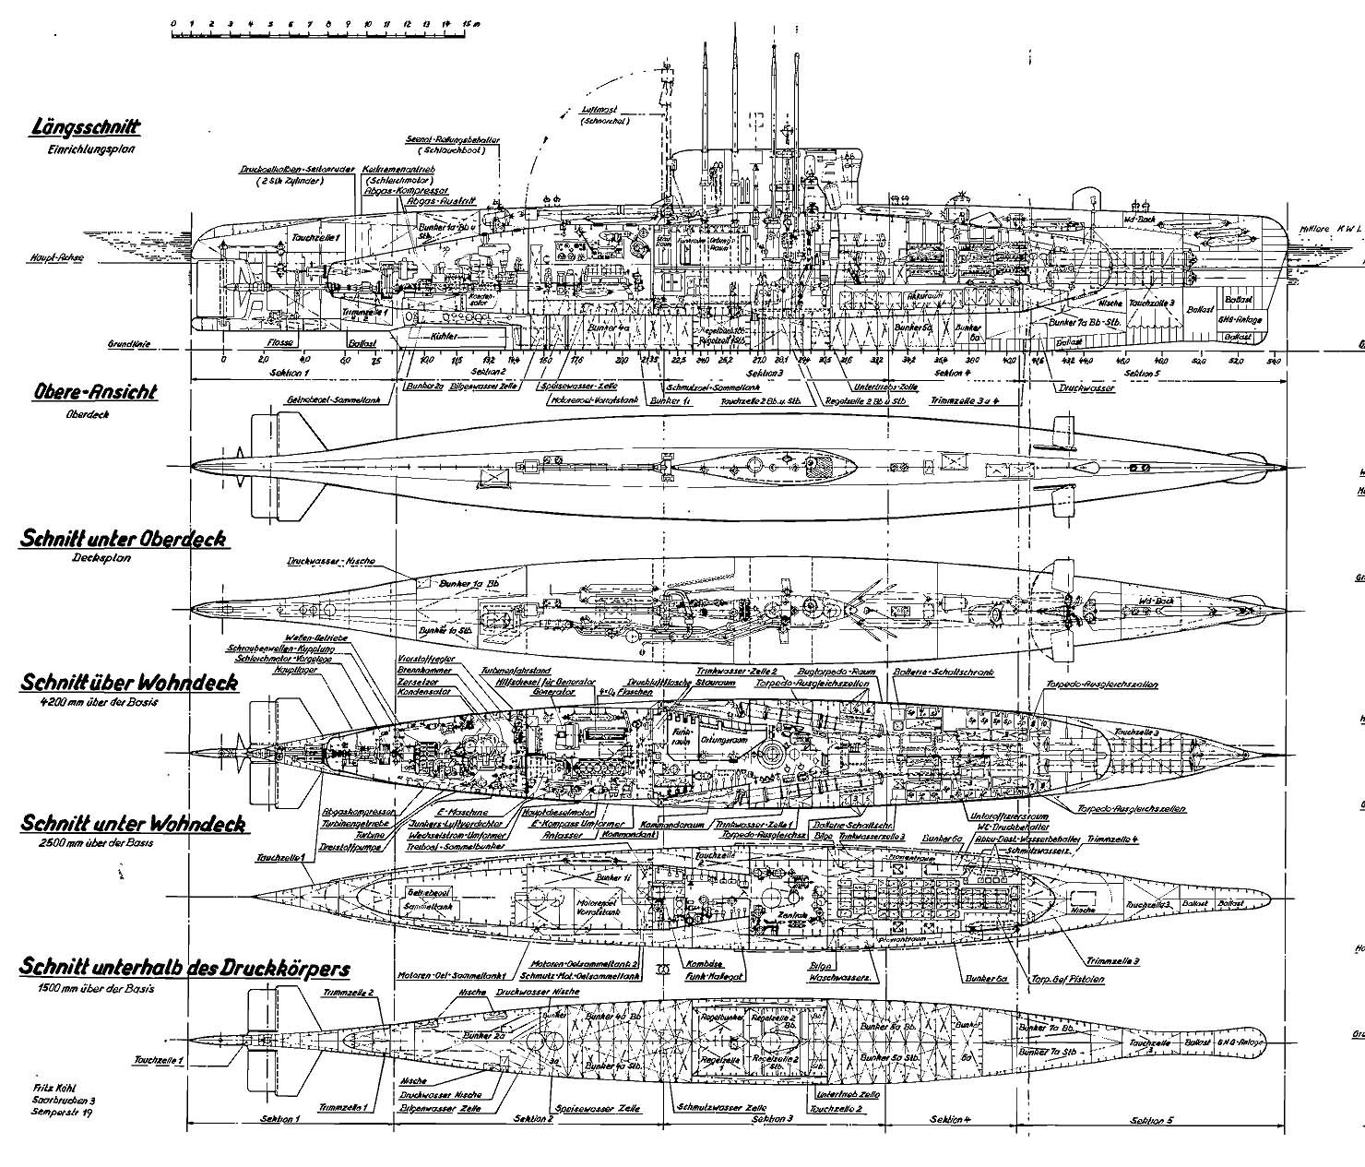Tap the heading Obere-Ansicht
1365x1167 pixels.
pyautogui.click(x=94, y=392)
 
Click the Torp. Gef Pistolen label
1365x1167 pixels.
pyautogui.click(x=1070, y=979)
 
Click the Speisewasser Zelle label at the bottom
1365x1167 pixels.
pyautogui.click(x=591, y=1110)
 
